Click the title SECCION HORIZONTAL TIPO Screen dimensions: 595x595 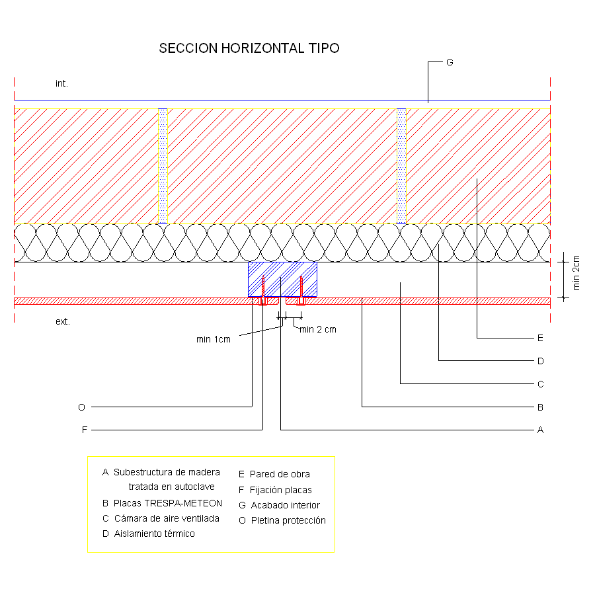(249, 48)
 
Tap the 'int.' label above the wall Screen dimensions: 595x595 (61, 83)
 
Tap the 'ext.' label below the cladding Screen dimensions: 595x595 (63, 321)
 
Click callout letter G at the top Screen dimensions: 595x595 (450, 62)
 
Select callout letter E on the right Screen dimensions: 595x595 (540, 338)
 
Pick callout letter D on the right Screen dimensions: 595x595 (541, 361)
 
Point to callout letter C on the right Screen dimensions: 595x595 (541, 384)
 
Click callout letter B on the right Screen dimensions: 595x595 (540, 407)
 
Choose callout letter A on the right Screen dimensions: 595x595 (540, 430)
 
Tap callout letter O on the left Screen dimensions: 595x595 (81, 407)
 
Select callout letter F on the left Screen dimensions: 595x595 (85, 430)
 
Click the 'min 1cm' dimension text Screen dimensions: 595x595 (214, 339)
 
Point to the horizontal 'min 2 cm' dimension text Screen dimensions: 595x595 (318, 329)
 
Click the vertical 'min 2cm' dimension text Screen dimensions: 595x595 (576, 272)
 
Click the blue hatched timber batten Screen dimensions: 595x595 (282, 279)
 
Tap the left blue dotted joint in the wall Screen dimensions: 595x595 (163, 166)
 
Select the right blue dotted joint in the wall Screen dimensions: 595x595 (401, 166)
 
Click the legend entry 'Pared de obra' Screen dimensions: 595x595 (280, 474)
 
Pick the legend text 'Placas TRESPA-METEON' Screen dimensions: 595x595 (168, 503)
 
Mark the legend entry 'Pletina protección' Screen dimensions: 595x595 (288, 520)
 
